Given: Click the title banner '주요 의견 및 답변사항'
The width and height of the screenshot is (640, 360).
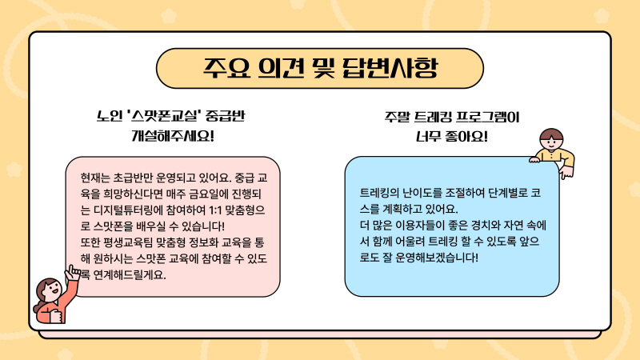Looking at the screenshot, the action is pos(319,68).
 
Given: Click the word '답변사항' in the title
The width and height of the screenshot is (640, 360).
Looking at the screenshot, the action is pos(390,68).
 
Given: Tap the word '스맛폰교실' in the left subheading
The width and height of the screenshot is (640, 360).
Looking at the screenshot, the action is pos(163,116).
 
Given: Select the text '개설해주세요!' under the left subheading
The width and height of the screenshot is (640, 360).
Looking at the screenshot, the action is pos(173,135).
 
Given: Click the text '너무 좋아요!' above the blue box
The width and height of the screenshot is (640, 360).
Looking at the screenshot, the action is pos(451,136).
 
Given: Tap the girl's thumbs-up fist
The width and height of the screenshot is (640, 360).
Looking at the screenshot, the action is pos(55,315).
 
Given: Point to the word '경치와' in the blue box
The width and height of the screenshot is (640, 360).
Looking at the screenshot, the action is pos(489,226).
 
